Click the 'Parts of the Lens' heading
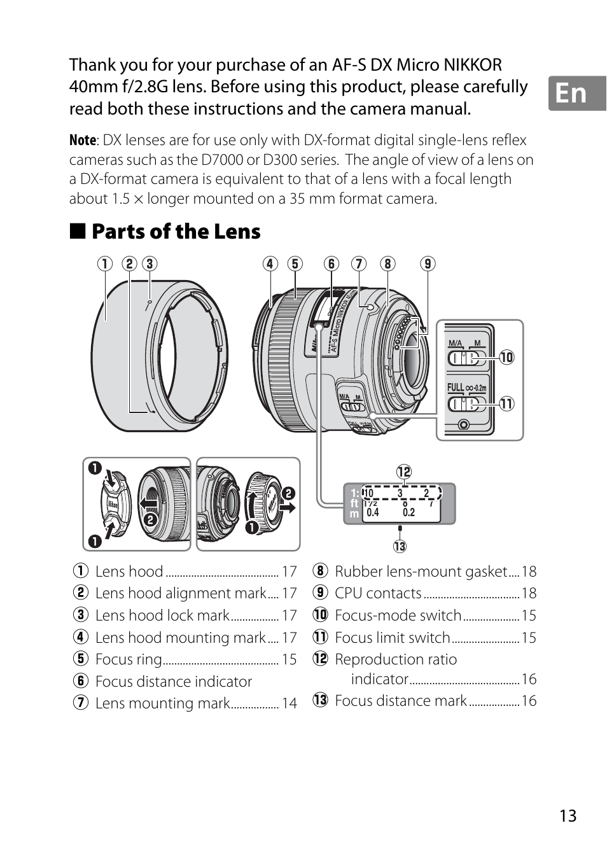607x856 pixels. [x=176, y=232]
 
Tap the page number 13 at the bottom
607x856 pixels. [x=568, y=816]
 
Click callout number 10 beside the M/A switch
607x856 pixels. [x=506, y=357]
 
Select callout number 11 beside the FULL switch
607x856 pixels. [x=506, y=403]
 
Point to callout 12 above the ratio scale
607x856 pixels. [x=404, y=472]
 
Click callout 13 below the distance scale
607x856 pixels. [x=400, y=546]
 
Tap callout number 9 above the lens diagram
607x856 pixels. [x=428, y=263]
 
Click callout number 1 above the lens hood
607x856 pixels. [x=105, y=263]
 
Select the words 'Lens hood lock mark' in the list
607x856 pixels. [x=162, y=615]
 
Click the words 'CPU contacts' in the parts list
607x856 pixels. [x=378, y=593]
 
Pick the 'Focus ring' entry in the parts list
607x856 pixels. [x=129, y=659]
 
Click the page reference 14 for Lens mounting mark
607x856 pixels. [x=290, y=703]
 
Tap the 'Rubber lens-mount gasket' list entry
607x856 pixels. [x=421, y=572]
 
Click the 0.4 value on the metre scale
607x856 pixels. [x=373, y=512]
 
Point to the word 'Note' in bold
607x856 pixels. [x=83, y=140]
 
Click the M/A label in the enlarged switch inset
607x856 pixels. [x=455, y=343]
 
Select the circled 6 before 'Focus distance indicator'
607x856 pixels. [x=80, y=681]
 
